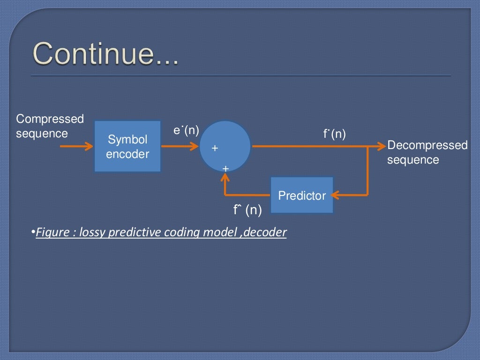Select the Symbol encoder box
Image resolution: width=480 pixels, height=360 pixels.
pos(127,146)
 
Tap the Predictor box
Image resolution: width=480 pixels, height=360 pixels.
pos(302,195)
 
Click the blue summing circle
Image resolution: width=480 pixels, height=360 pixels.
pos(225,146)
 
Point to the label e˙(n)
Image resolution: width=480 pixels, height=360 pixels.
pos(186,130)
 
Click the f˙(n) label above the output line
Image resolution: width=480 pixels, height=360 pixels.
pos(334,135)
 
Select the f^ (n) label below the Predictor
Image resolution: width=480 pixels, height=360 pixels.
pos(247,210)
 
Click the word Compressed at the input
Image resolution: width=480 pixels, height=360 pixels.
pos(50,119)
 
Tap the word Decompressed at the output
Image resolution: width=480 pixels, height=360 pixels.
pos(427,145)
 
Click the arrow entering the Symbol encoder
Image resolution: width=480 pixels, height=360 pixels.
pos(77,147)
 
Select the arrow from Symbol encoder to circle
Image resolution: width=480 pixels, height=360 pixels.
pos(180,147)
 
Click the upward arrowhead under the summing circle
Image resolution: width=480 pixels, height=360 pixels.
pos(225,177)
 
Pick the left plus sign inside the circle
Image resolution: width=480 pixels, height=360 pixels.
pos(215,148)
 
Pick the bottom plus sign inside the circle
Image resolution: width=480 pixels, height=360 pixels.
pos(225,168)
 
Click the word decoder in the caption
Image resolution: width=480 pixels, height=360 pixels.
pos(268,232)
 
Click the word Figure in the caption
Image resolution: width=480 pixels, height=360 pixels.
pos(52,232)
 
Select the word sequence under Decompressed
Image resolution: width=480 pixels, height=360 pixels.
pos(413,160)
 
